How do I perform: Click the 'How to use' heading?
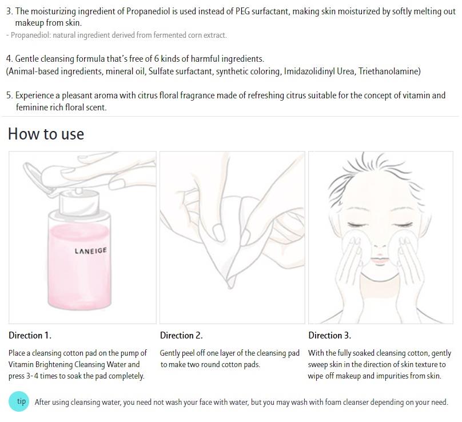click(x=46, y=134)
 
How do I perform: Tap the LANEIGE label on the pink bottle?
click(x=90, y=251)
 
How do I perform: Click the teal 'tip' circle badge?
click(x=19, y=401)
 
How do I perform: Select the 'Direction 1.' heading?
click(x=30, y=335)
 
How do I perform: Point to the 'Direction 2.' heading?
click(x=181, y=335)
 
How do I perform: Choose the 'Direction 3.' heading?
click(x=330, y=335)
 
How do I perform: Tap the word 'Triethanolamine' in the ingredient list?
click(x=388, y=71)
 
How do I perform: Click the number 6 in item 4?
click(x=157, y=59)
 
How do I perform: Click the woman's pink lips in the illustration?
click(x=380, y=260)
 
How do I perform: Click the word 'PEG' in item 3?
click(x=242, y=11)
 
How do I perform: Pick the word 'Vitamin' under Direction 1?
click(x=21, y=365)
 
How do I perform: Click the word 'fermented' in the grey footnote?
click(x=169, y=35)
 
